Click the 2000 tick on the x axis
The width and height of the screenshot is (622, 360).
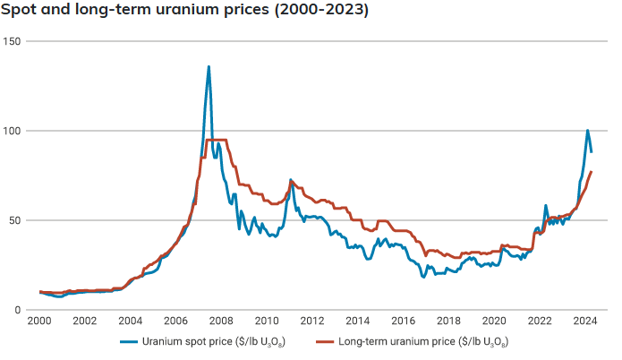click(39, 321)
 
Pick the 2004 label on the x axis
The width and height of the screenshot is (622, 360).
click(130, 321)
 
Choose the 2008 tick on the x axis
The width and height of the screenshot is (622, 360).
click(221, 321)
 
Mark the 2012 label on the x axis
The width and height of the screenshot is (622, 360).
click(312, 321)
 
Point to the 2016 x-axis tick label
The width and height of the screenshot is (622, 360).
click(403, 321)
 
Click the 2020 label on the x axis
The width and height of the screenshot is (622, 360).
click(494, 321)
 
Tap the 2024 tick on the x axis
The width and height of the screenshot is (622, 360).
click(584, 321)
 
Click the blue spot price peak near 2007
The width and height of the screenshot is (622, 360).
click(209, 67)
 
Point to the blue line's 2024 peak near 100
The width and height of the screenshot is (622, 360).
click(587, 131)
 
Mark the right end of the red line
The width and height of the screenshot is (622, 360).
click(592, 171)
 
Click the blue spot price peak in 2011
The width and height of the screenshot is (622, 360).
click(290, 180)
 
